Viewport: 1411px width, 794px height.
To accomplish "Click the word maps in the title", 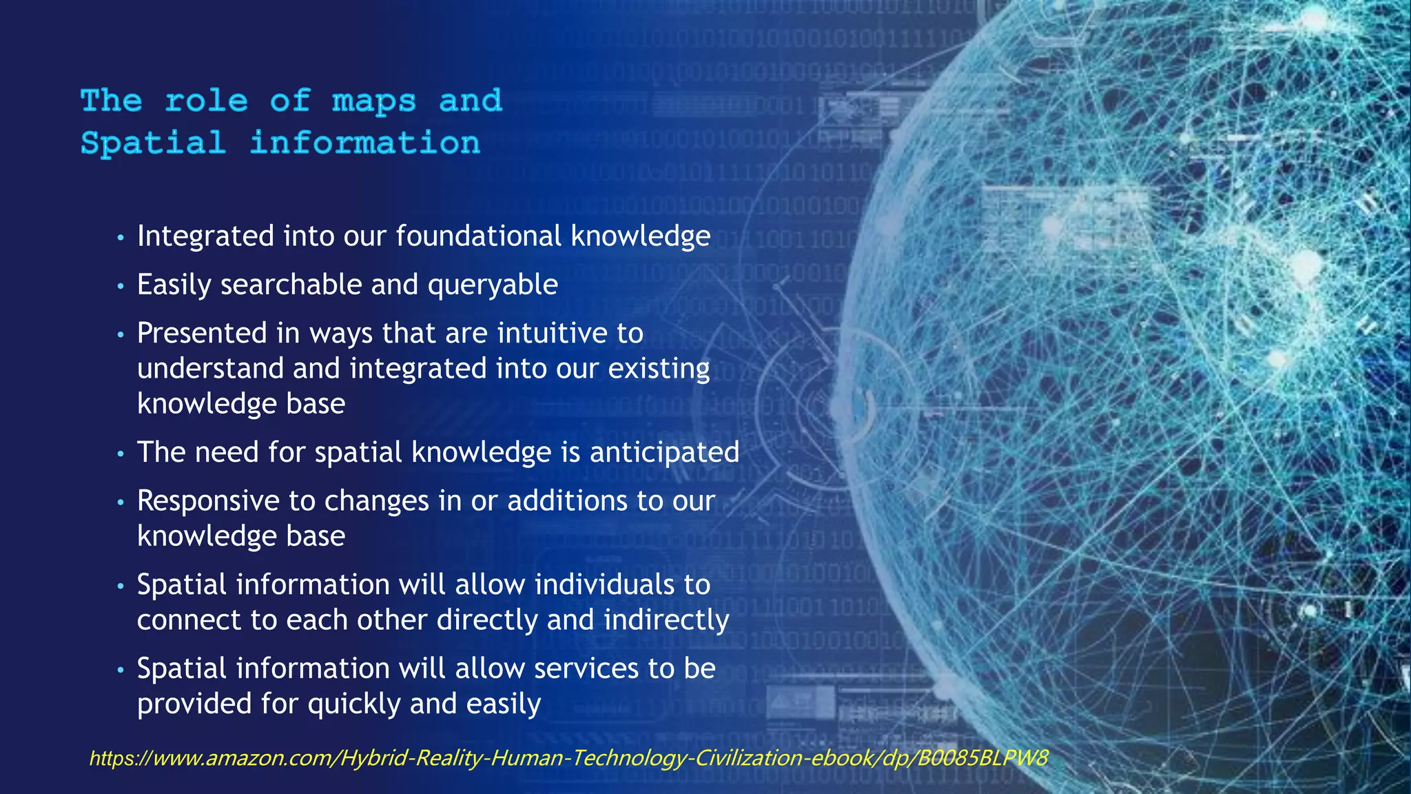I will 374,101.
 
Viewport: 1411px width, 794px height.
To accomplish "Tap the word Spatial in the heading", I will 153,143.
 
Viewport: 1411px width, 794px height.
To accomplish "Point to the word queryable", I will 493,285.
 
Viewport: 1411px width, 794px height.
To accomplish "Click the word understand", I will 210,368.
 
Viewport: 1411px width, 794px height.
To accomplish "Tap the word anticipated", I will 664,452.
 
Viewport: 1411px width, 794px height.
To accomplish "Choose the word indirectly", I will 666,620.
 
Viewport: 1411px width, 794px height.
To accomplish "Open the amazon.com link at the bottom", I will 568,758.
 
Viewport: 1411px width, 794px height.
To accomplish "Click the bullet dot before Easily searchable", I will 121,286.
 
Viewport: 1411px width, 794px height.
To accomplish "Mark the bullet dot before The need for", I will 121,454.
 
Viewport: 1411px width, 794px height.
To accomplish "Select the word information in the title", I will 364,143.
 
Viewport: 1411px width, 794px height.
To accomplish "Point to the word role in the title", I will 206,101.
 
